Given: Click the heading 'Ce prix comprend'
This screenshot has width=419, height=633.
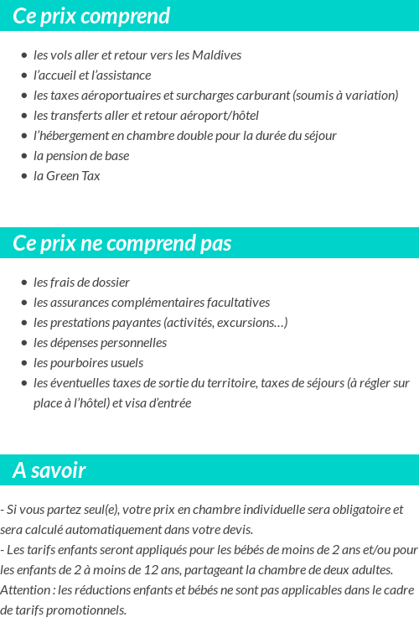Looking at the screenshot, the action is coord(91,16).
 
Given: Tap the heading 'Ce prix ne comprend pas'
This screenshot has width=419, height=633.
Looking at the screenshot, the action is coord(122,243).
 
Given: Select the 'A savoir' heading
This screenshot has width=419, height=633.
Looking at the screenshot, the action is coord(49,470).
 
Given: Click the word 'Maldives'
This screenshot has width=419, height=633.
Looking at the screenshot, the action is coord(216,55).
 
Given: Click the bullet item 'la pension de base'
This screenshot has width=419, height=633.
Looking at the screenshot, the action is coord(81,156).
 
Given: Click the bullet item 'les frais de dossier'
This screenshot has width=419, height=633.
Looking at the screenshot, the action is coord(81,283).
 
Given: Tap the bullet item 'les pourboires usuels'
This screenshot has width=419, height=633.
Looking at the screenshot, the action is coord(88,363).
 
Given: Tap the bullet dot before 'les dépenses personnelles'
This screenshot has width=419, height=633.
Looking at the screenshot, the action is coord(24,343).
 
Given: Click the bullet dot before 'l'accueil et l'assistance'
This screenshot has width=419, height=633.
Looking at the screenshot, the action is coord(24,75).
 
